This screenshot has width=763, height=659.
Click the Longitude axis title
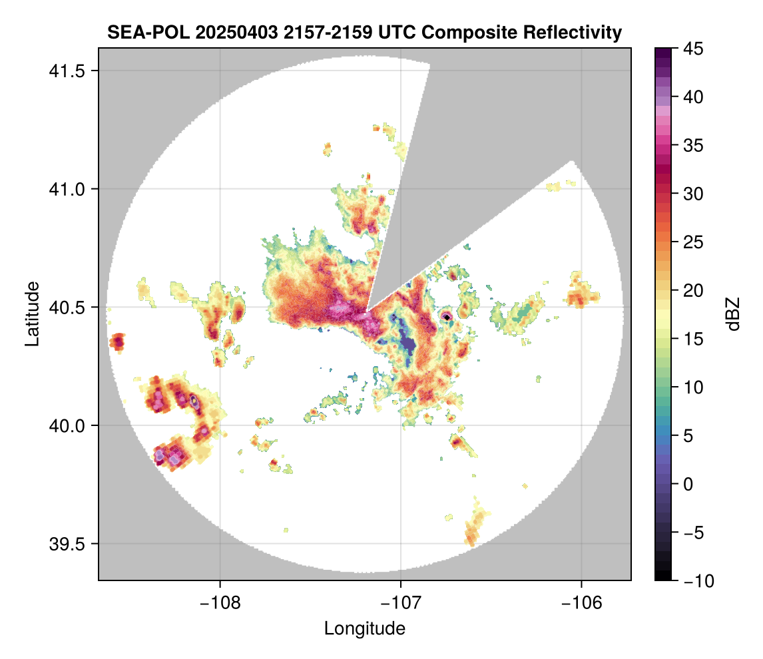364,628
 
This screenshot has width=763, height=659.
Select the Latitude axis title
32,314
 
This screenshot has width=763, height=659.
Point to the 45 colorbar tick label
692,49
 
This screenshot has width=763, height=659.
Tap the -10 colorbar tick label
696,581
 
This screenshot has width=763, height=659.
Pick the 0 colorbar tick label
688,484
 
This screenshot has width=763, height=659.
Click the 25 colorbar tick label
692,242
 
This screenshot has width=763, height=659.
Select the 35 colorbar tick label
692,145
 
